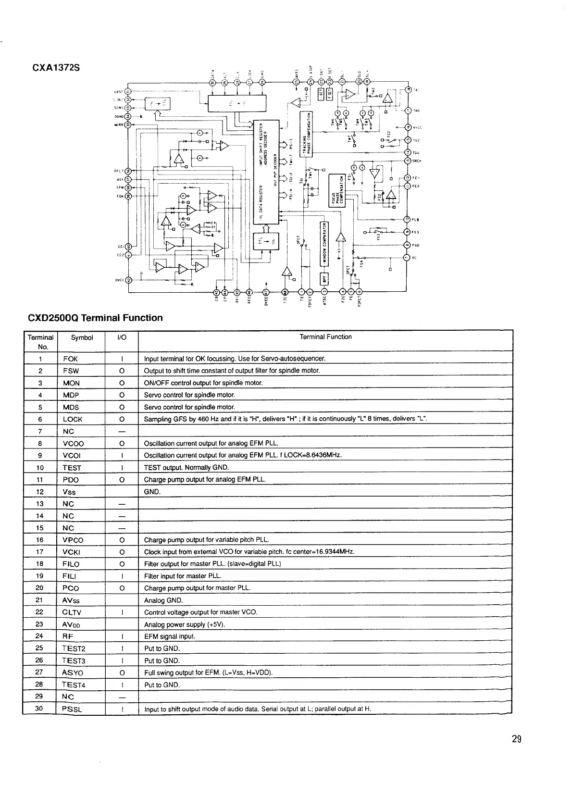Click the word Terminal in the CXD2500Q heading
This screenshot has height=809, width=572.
tap(102, 318)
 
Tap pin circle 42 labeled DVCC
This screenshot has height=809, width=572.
tap(128, 281)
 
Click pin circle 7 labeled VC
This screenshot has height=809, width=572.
tap(407, 257)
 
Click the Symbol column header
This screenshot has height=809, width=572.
tap(82, 337)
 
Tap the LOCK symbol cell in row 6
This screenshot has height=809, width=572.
tap(73, 419)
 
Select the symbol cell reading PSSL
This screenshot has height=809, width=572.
tap(72, 709)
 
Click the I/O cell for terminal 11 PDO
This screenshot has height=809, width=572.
tap(122, 480)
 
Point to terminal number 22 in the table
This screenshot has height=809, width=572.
tap(40, 612)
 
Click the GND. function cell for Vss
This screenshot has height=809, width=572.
tap(152, 492)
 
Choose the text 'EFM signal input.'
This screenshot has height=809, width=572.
tap(170, 636)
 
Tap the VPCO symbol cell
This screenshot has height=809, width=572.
tap(73, 540)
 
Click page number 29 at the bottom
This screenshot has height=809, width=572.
tap(516, 739)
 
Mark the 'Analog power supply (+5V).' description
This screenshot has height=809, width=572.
tap(185, 624)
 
